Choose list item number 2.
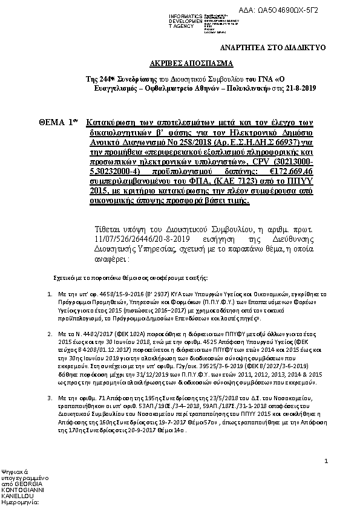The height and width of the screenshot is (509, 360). (x=49, y=333)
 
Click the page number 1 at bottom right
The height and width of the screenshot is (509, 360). (x=326, y=461)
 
